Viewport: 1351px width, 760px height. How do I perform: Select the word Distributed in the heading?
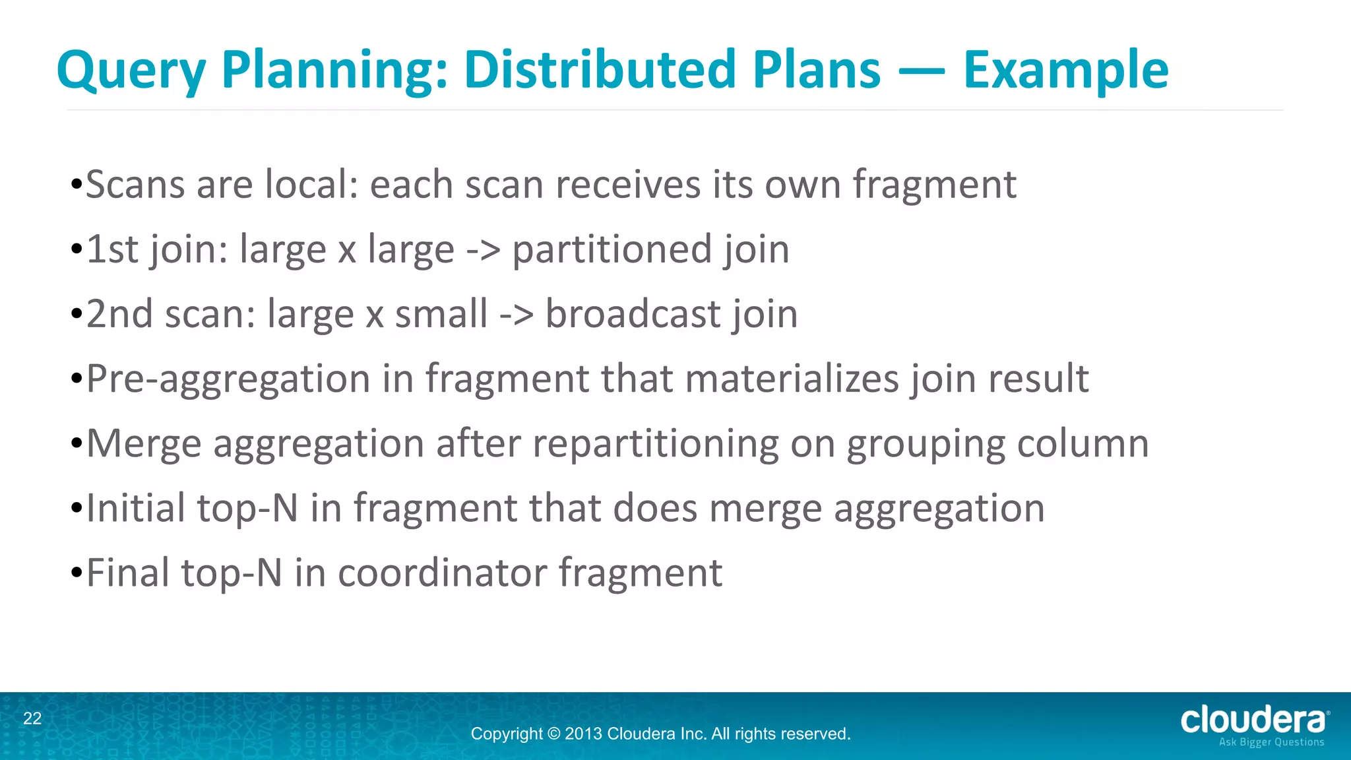point(600,70)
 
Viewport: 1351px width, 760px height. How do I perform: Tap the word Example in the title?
point(1065,70)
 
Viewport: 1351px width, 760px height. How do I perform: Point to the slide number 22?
point(32,718)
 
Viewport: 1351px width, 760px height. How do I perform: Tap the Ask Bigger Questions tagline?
point(1271,742)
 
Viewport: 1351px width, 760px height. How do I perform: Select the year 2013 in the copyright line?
point(583,734)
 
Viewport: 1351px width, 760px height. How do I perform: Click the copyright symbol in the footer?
point(553,734)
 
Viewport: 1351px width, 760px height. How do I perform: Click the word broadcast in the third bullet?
point(633,314)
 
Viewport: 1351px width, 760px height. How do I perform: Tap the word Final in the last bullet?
point(127,573)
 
